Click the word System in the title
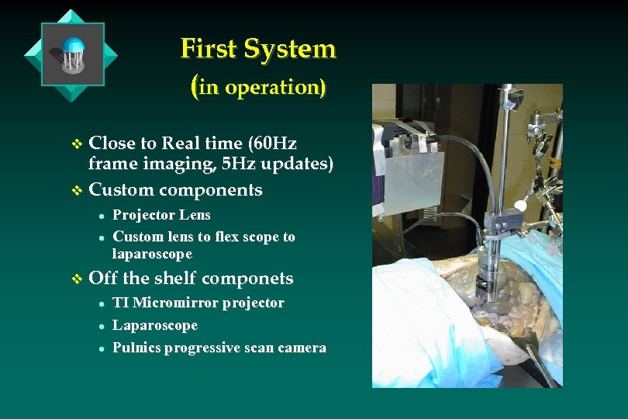point(290,49)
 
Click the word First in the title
point(209,49)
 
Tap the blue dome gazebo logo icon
point(72,54)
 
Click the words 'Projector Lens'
point(161,215)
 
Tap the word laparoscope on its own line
point(152,255)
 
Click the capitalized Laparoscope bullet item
point(155,325)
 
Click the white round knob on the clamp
point(521,206)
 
